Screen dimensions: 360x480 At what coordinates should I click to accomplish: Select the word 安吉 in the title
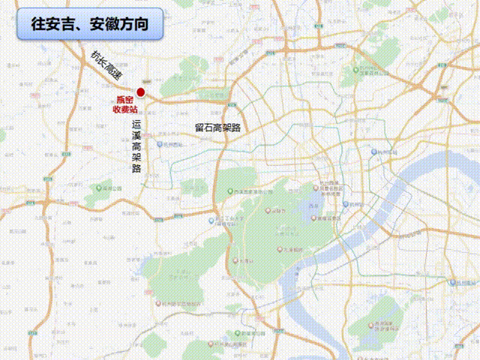pos(64,25)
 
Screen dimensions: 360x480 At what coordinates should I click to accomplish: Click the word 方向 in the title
pos(141,25)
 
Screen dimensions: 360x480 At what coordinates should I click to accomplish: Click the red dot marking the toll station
pos(140,92)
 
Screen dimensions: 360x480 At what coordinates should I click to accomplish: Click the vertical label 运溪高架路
pos(136,146)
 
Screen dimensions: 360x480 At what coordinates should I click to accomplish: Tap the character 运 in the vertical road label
pos(136,124)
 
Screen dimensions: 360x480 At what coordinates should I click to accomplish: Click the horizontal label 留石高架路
pos(217,127)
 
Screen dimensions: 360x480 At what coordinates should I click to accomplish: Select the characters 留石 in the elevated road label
pos(204,127)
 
